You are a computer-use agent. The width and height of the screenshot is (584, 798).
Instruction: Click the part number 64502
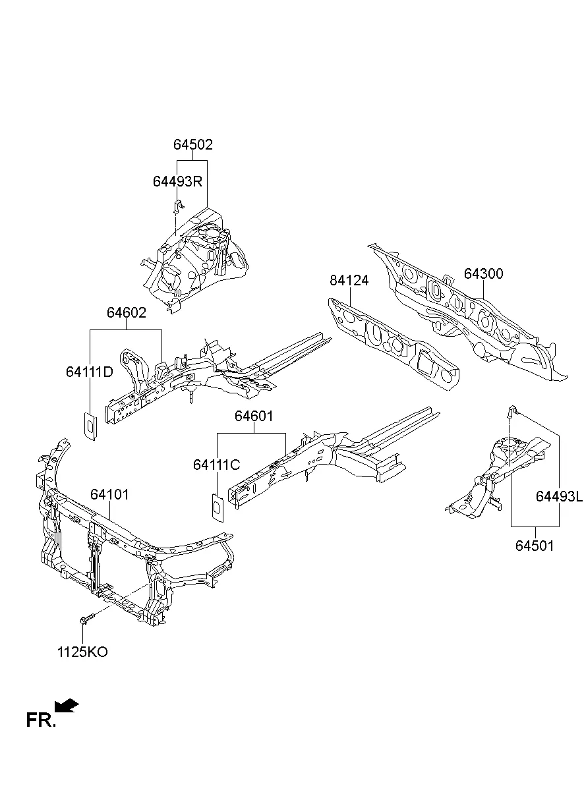click(193, 145)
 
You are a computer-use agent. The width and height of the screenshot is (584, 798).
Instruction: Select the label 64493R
click(177, 181)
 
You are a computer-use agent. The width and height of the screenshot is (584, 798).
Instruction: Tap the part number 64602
click(127, 313)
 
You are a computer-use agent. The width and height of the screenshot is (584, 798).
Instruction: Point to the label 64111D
click(89, 372)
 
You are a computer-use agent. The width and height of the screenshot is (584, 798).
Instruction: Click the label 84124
click(349, 281)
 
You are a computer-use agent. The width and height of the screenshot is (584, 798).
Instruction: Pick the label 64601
click(254, 416)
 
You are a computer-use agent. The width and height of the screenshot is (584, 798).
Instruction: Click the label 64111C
click(216, 465)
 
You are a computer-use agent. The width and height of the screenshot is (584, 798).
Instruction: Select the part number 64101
click(109, 494)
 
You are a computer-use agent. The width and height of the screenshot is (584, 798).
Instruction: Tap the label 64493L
click(559, 497)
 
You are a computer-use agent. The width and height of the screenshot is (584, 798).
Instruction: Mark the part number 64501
click(535, 546)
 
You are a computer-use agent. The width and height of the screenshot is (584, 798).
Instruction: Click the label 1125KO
click(82, 652)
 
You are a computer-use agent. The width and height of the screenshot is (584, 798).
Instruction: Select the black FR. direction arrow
click(67, 706)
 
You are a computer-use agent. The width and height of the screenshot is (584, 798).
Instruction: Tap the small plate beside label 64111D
click(89, 426)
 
